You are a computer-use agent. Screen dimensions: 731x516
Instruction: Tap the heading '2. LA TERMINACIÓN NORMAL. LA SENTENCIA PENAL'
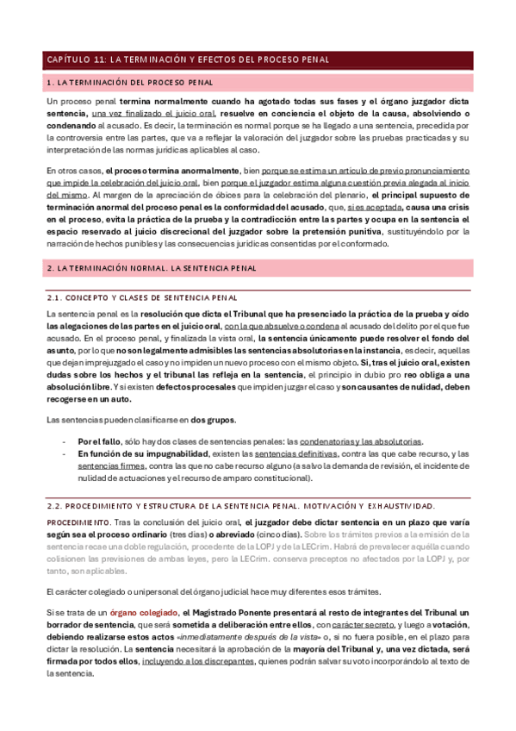click(x=152, y=269)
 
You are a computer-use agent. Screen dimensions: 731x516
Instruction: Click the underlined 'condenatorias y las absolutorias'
click(x=368, y=440)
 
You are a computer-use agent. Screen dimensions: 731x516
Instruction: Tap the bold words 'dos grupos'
click(x=214, y=419)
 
